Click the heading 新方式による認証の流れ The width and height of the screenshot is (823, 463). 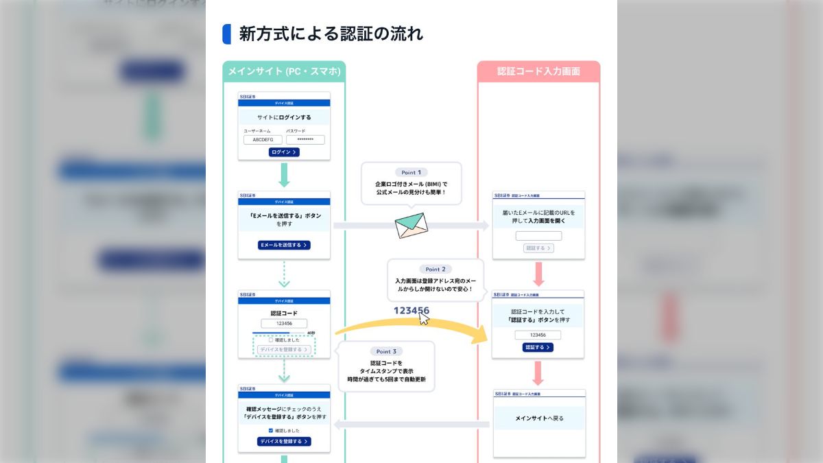point(331,34)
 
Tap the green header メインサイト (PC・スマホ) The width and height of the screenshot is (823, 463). point(284,71)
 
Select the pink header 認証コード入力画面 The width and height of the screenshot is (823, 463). point(538,71)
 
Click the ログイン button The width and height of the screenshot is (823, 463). point(284,152)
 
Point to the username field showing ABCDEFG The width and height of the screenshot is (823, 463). point(263,140)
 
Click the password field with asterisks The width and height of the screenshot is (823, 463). point(305,140)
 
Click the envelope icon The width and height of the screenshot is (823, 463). point(411,226)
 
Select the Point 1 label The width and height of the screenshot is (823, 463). point(411,172)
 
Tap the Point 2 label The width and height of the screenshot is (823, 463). point(436,270)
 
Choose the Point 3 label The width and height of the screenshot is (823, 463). point(386,351)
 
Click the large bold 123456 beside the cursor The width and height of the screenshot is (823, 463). point(410,311)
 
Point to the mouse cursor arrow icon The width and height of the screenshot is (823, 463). point(425,318)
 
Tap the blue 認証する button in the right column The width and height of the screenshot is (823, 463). point(538,348)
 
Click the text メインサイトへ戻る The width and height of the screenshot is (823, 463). point(539,418)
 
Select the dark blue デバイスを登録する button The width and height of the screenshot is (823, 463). point(284,442)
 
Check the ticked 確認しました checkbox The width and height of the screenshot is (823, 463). point(271,431)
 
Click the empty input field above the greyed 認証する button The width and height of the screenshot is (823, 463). point(538,236)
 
